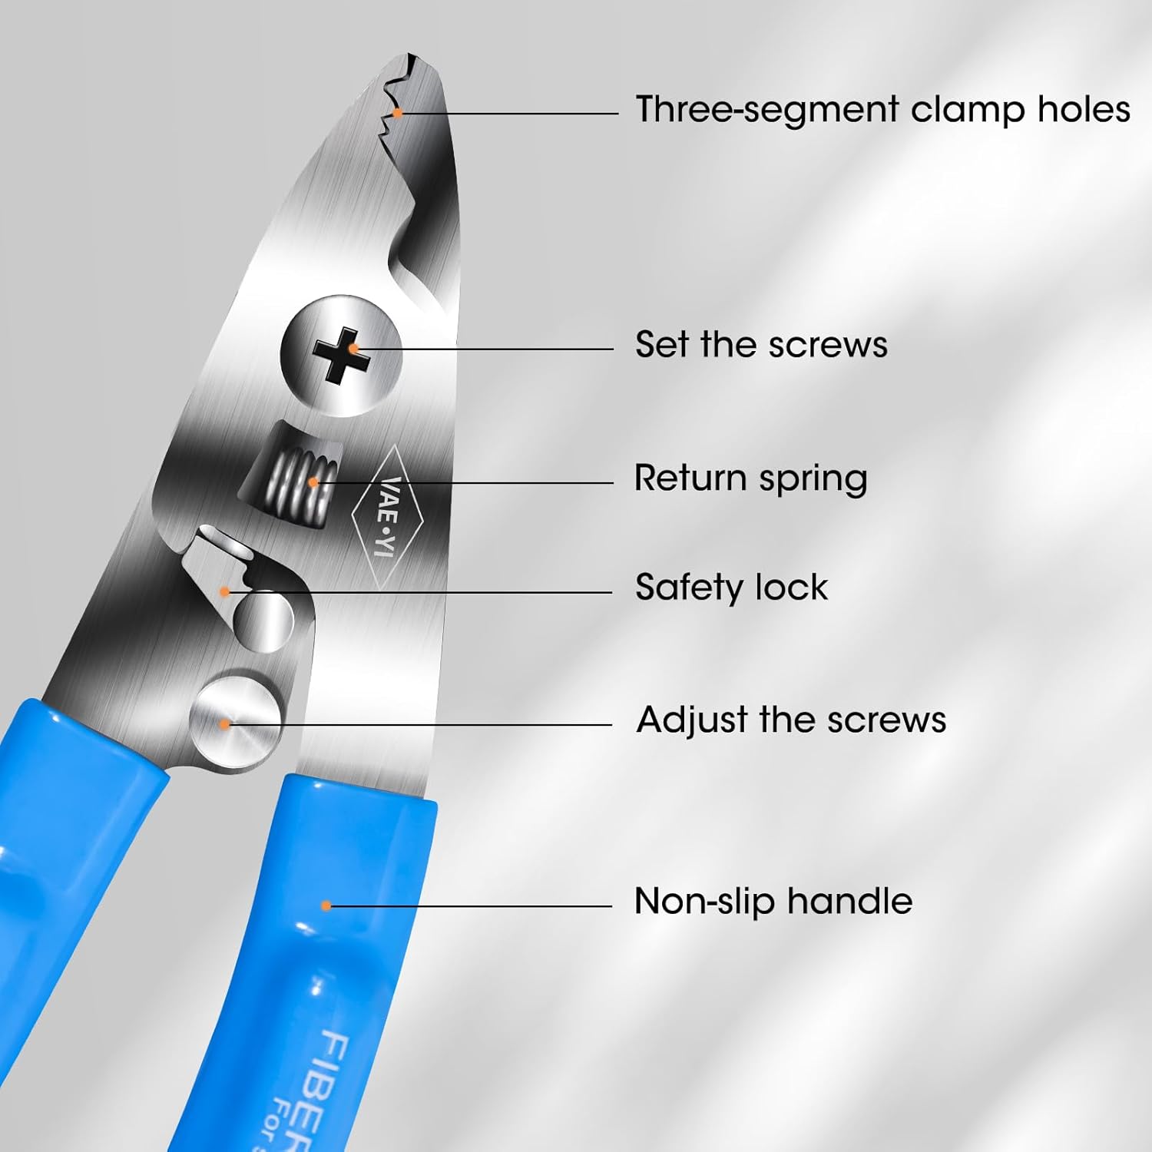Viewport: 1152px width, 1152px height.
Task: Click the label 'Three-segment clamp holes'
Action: point(882,109)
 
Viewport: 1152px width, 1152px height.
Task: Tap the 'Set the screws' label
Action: point(761,344)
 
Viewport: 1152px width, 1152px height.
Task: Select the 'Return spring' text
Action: point(750,478)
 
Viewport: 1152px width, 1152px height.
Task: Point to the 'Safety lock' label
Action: point(731,588)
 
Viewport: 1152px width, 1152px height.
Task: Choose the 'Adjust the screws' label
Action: point(791,720)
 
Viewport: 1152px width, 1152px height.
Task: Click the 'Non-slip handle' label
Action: point(773,902)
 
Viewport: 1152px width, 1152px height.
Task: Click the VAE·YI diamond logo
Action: point(388,518)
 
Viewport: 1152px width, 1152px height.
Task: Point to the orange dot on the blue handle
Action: point(326,906)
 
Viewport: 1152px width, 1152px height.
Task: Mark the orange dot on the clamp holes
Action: point(398,114)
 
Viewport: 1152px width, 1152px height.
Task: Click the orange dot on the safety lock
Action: point(224,591)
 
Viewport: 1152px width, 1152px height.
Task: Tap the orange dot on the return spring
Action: point(313,482)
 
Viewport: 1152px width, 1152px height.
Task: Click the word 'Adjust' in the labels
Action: point(692,720)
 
